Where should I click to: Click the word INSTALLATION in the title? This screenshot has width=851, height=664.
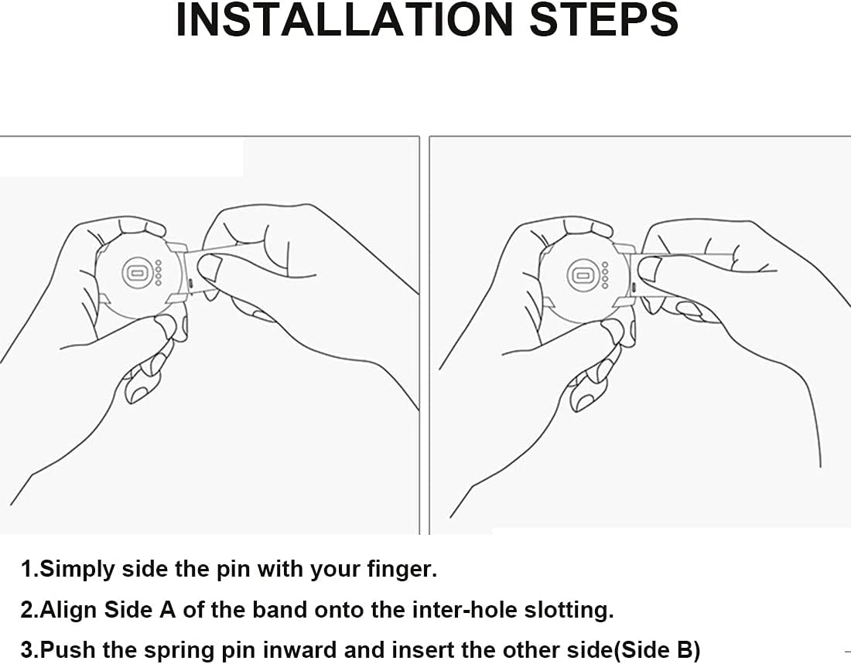coord(344,19)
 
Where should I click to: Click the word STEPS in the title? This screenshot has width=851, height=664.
coord(604,19)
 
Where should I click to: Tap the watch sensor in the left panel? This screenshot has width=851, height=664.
coord(137,272)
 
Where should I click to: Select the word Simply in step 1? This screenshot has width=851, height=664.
coord(77,570)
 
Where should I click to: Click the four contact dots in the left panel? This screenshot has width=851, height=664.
coord(159,272)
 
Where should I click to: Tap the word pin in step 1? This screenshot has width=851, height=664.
coord(234,570)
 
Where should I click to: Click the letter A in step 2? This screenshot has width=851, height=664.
coord(167,609)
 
